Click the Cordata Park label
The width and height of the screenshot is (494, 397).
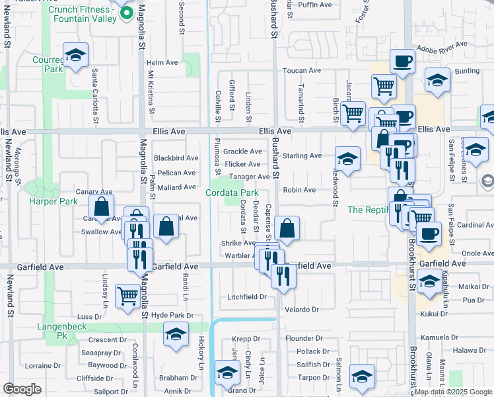pyautogui.click(x=231, y=193)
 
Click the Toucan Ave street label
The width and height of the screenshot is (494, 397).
pyautogui.click(x=301, y=70)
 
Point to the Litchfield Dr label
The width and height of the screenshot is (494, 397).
pyautogui.click(x=246, y=297)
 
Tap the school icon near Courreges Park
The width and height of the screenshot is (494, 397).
pyautogui.click(x=75, y=56)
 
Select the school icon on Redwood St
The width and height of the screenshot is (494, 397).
pyautogui.click(x=347, y=159)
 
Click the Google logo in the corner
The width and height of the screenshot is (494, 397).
pyautogui.click(x=22, y=388)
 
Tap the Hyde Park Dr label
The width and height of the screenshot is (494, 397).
pyautogui.click(x=172, y=316)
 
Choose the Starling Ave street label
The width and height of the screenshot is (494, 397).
pyautogui.click(x=302, y=156)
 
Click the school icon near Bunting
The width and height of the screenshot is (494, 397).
pyautogui.click(x=437, y=80)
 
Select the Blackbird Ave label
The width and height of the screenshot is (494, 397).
pyautogui.click(x=176, y=158)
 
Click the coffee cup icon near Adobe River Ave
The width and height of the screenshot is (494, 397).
pyautogui.click(x=402, y=62)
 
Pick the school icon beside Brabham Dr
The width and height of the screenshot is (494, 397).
pyautogui.click(x=227, y=375)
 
